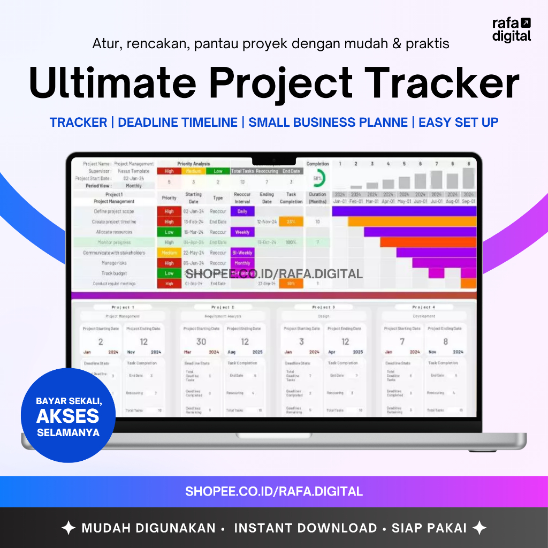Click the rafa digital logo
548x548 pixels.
(512, 29)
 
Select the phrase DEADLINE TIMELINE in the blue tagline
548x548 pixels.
(178, 123)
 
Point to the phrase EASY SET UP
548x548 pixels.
(458, 123)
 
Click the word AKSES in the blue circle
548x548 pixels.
(68, 416)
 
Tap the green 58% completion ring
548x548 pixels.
(318, 178)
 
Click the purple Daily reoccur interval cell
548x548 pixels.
(242, 211)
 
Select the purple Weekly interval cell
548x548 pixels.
(242, 232)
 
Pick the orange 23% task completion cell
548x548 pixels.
(291, 222)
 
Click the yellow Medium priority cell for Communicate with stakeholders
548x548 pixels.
(169, 253)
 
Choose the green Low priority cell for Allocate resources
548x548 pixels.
(169, 232)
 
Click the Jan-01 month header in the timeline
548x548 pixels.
(340, 202)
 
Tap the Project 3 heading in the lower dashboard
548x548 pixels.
(323, 307)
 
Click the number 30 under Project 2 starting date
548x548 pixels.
(201, 341)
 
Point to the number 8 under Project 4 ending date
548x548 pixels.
(445, 341)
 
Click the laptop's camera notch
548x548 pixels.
(274, 160)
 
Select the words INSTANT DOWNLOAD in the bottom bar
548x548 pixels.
(306, 528)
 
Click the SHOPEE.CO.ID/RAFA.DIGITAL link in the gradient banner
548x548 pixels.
(274, 491)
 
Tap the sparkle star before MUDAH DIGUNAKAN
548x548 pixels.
(68, 528)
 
